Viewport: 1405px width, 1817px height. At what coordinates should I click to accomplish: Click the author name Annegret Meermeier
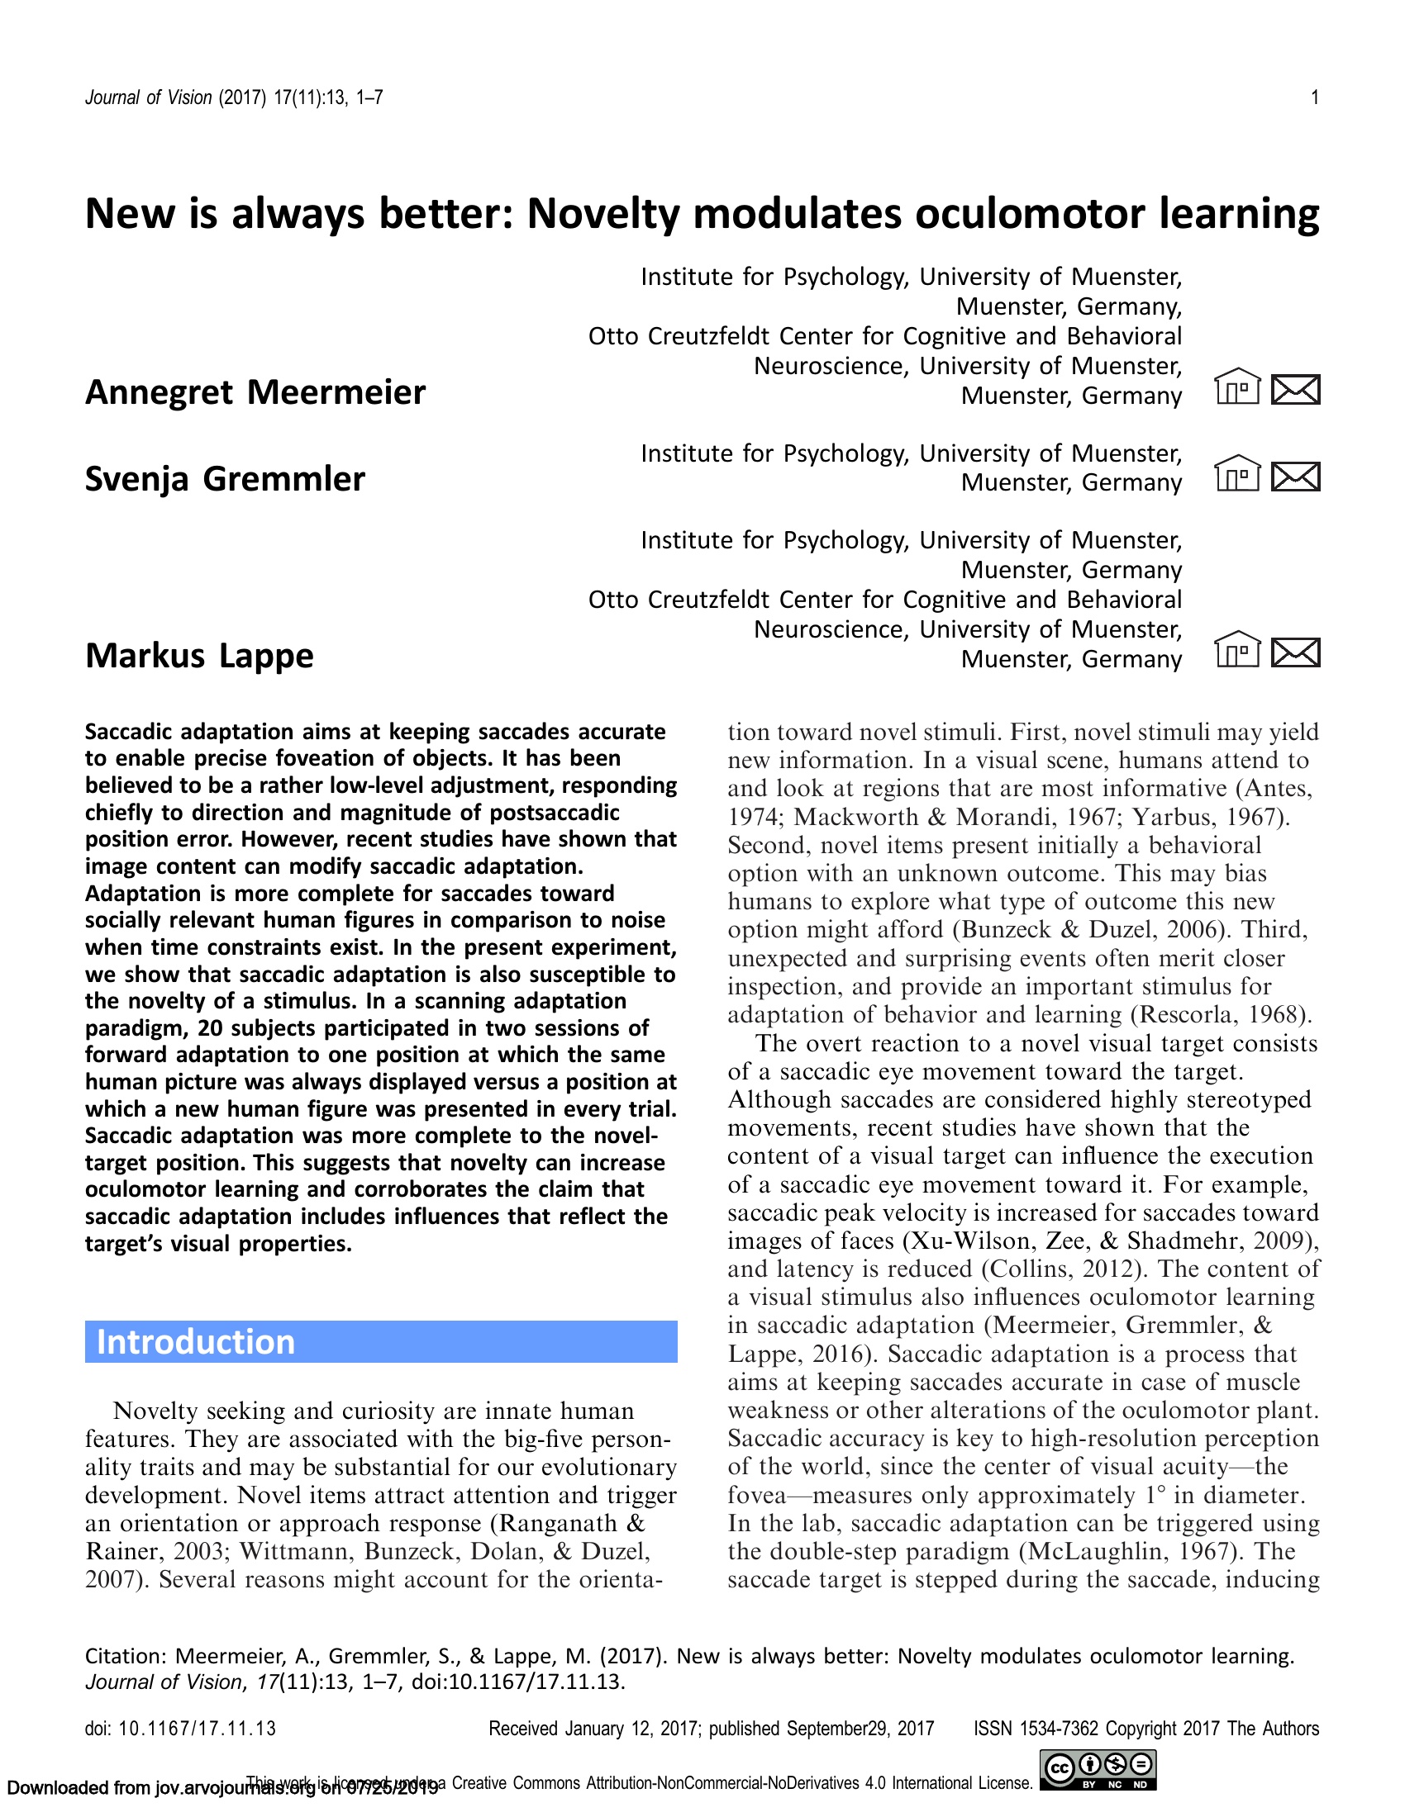255,391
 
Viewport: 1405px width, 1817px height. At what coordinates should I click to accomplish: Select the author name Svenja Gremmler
225,479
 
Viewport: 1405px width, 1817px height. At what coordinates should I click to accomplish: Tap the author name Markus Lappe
199,656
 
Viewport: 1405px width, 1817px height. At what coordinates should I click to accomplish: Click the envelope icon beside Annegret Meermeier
1295,389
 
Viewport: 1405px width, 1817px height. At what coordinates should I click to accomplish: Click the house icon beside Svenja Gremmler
1237,474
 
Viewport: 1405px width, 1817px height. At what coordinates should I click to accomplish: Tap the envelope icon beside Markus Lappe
1295,652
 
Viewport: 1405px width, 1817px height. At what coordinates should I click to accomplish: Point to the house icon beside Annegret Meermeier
1237,387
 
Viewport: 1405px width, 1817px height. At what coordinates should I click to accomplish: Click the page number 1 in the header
1314,98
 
